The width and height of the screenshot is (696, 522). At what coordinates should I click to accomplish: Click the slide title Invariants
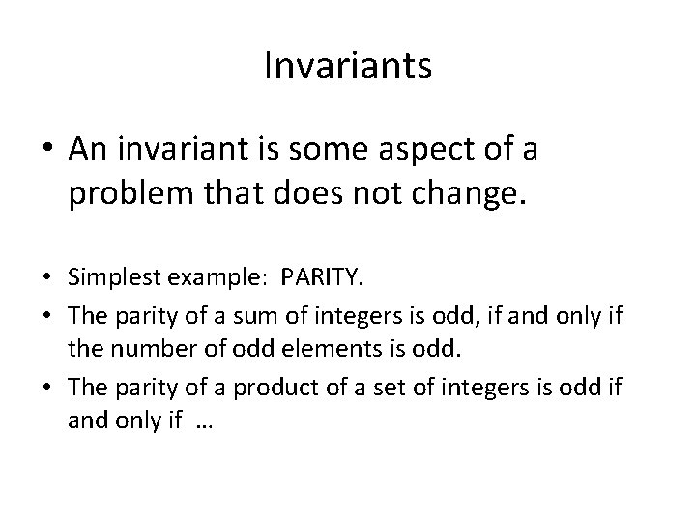point(347,67)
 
